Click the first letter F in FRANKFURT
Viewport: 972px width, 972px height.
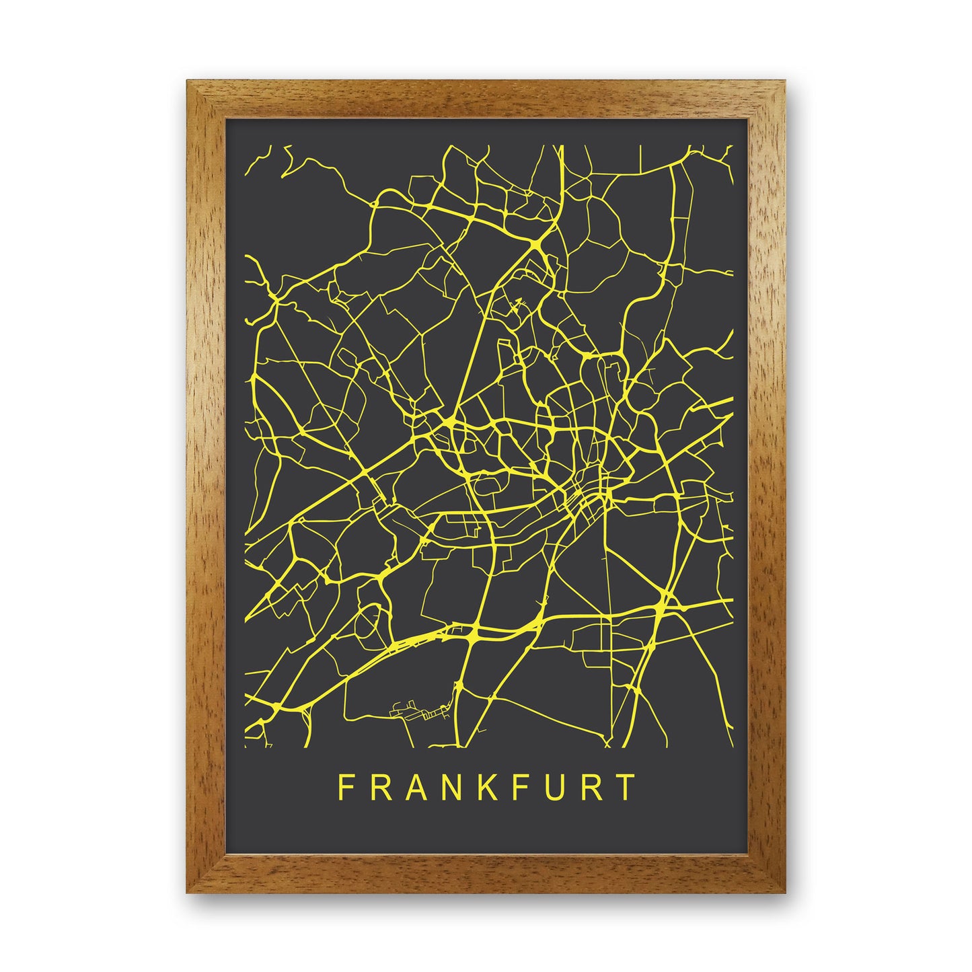345,788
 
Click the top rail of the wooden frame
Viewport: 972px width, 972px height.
486,101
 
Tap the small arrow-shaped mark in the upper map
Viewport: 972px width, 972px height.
517,303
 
